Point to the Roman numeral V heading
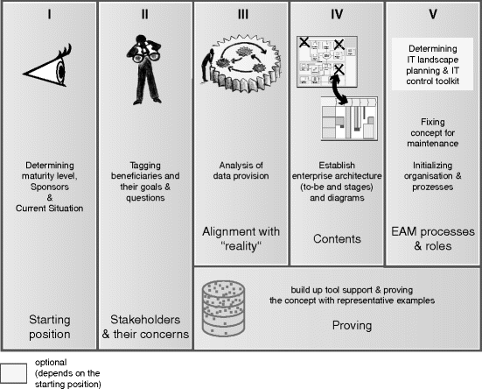[432, 14]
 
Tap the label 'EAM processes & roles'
[432, 238]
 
